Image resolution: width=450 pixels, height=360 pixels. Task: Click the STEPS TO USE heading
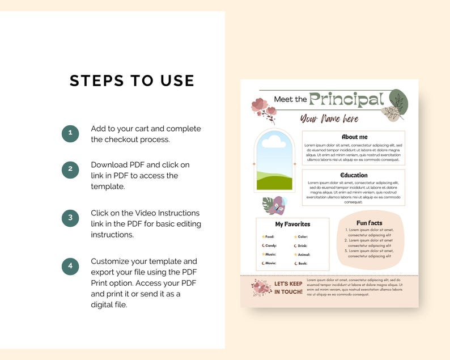tap(132, 81)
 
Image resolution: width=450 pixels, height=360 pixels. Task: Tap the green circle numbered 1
tap(70, 134)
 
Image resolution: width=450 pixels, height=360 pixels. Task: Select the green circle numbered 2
tap(70, 169)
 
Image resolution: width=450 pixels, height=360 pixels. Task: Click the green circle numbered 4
tap(70, 266)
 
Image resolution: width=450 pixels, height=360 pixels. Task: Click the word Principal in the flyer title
tap(346, 99)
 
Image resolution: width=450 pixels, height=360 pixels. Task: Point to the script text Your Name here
tap(329, 118)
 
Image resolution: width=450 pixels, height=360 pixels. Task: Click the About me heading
tap(354, 137)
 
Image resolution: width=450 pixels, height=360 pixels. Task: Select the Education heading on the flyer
tap(354, 175)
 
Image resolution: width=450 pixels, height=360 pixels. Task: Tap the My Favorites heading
tap(292, 224)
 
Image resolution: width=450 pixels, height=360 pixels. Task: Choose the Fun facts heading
tap(369, 223)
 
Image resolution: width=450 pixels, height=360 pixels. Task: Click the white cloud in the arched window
tap(274, 141)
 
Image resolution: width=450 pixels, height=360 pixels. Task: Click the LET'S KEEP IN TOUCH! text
tap(288, 287)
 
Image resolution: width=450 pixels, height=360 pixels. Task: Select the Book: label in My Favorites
tap(302, 263)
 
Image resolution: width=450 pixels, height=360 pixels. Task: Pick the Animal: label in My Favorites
tap(304, 255)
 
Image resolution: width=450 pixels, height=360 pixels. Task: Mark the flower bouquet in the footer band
tap(261, 287)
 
